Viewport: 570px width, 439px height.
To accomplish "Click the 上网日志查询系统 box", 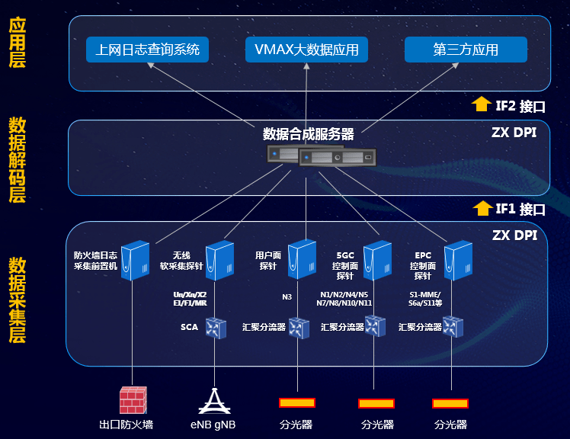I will (148, 50).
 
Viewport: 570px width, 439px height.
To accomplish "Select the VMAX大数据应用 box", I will (307, 50).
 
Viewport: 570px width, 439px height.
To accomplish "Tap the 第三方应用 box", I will (466, 50).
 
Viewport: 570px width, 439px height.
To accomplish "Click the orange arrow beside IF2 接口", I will (481, 104).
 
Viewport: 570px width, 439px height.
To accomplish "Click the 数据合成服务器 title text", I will (309, 134).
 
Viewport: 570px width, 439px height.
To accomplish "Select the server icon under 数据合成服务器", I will (322, 157).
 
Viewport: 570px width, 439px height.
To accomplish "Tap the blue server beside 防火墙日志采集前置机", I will (135, 260).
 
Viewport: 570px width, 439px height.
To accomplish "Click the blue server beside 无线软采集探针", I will (219, 260).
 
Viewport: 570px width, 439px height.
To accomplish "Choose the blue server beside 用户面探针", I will (302, 259).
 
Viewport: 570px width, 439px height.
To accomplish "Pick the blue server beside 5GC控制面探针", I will (376, 260).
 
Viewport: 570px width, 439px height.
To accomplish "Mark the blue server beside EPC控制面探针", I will (458, 259).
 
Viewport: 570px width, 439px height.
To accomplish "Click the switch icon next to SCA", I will (216, 328).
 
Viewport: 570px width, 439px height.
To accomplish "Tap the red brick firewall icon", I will (133, 401).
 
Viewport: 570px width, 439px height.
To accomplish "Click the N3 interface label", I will (287, 294).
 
